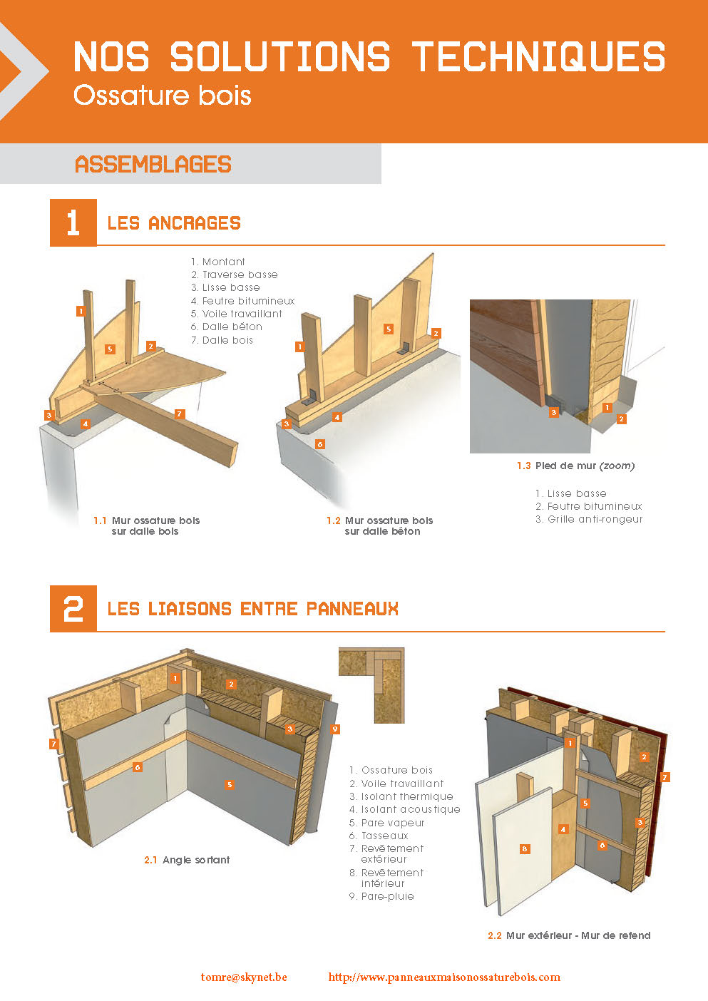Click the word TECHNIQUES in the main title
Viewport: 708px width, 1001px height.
click(x=538, y=56)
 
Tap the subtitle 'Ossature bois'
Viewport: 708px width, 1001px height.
click(x=163, y=96)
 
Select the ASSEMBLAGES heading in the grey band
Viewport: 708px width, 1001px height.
click(x=153, y=164)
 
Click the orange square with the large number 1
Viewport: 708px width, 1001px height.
click(x=73, y=222)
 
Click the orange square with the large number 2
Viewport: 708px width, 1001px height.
click(x=73, y=609)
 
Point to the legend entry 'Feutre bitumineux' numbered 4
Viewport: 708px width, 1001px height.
click(x=242, y=301)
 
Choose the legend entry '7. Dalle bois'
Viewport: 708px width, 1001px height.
click(x=222, y=340)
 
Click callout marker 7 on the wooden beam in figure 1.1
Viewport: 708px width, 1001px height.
click(x=179, y=414)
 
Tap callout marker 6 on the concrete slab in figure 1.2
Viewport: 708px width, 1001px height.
click(x=320, y=444)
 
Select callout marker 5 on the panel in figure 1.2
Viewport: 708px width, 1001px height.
click(x=389, y=329)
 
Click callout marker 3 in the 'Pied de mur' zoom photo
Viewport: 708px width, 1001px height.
click(x=554, y=412)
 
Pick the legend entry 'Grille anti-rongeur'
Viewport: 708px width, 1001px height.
click(x=589, y=519)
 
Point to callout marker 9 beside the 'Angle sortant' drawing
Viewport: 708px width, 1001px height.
click(x=335, y=729)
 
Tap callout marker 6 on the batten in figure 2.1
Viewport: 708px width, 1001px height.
click(x=138, y=767)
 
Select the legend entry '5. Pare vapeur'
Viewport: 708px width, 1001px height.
click(x=386, y=823)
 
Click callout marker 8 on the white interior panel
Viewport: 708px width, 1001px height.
click(x=525, y=848)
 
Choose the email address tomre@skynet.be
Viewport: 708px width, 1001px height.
click(x=244, y=977)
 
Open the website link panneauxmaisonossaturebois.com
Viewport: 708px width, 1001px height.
click(x=444, y=977)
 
